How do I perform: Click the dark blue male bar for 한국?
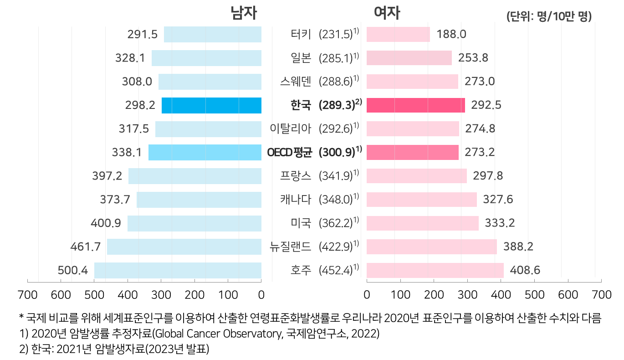(211, 105)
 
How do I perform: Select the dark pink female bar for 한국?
(415, 105)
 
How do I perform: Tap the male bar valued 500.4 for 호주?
(178, 270)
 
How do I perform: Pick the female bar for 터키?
(398, 35)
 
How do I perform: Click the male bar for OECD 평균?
(205, 152)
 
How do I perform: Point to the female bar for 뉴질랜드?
(431, 247)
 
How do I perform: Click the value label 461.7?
(86, 247)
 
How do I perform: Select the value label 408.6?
(525, 270)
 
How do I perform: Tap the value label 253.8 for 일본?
(474, 58)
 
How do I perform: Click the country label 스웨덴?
(296, 82)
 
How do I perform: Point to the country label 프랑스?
(296, 176)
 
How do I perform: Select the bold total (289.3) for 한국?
(337, 105)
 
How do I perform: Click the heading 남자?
(244, 14)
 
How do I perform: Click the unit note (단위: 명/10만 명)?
(548, 17)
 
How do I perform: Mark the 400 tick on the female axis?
(501, 295)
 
